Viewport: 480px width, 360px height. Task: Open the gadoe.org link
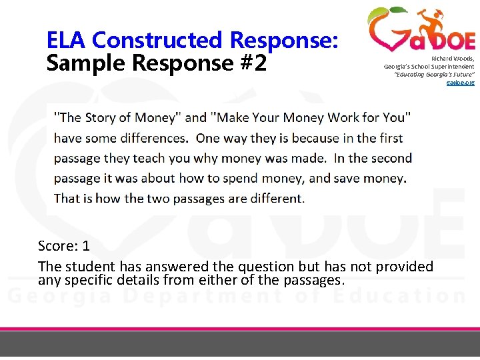[459, 82]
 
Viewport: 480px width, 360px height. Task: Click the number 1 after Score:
[86, 246]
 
